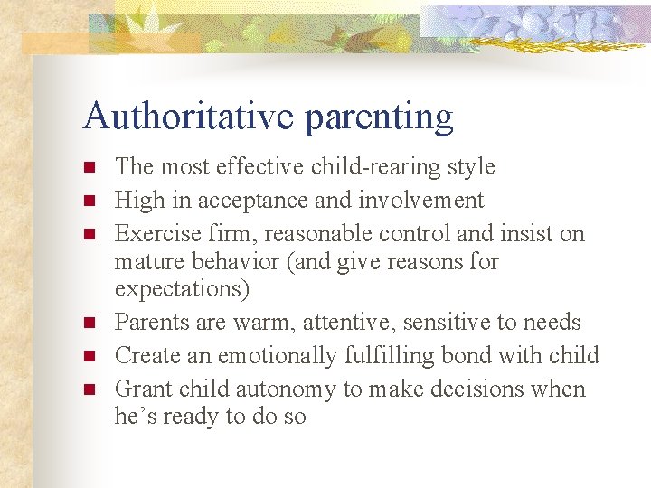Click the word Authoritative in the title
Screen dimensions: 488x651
click(x=188, y=117)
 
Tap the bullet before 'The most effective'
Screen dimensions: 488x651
click(x=89, y=167)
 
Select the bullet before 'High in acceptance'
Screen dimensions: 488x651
click(x=89, y=201)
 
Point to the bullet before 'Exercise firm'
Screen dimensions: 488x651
click(x=89, y=234)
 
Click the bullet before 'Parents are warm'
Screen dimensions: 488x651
click(x=89, y=323)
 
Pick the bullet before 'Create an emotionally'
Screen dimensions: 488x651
click(x=89, y=356)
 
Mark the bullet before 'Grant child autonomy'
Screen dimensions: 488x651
click(x=89, y=389)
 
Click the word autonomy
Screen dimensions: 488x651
click(x=288, y=389)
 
